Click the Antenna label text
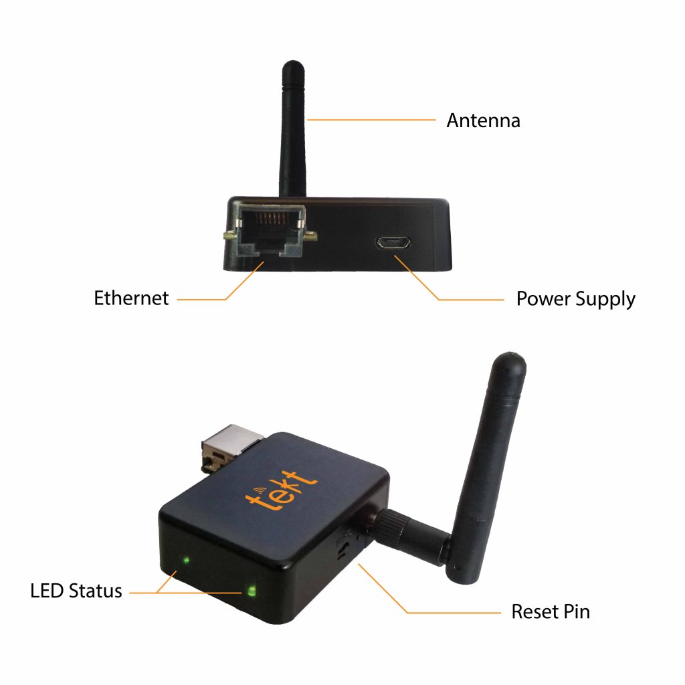(483, 121)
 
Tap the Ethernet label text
(131, 298)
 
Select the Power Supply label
(575, 299)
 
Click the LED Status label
(76, 591)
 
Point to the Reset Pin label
(551, 611)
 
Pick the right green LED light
(252, 591)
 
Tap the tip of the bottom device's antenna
(510, 361)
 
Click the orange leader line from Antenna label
(371, 120)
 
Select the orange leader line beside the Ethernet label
(201, 299)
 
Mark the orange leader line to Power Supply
(468, 299)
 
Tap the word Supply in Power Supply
(601, 299)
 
